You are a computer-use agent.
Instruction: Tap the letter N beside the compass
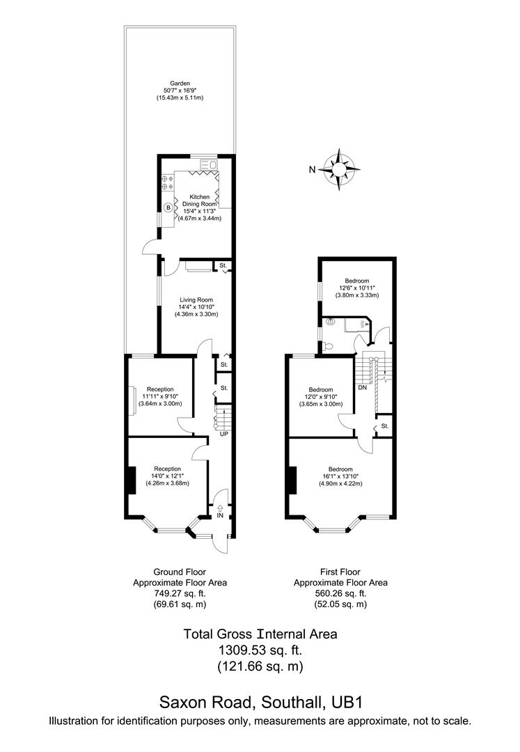tap(313, 169)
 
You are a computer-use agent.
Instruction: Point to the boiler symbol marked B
tap(168, 207)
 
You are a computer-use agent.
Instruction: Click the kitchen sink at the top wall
tap(208, 165)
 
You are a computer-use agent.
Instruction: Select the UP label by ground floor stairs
tap(224, 434)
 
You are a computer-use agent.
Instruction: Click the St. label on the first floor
tap(384, 425)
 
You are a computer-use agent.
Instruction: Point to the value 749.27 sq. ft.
tap(180, 593)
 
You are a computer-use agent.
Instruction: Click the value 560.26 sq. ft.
tap(340, 593)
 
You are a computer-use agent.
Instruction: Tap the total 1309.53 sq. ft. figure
tap(260, 650)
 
